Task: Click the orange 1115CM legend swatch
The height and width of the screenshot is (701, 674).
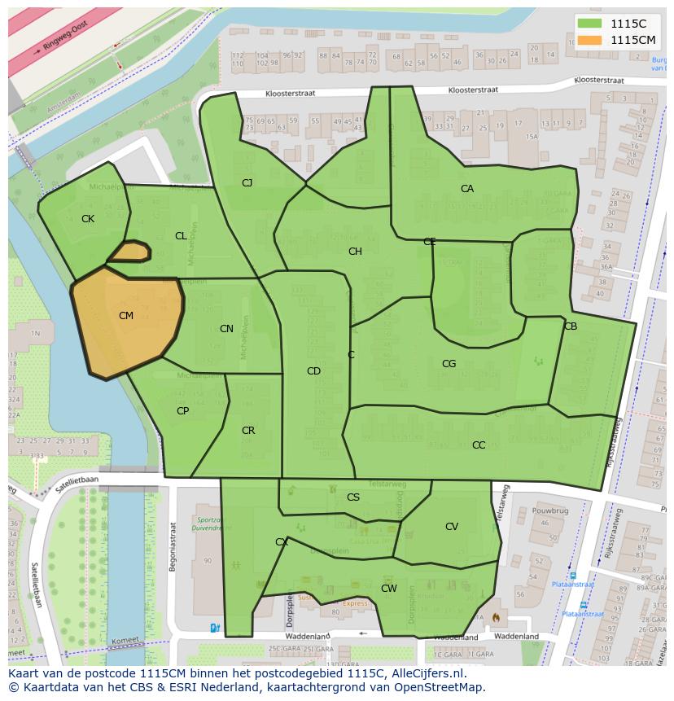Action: pyautogui.click(x=590, y=40)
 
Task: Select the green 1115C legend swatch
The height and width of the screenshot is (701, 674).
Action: pyautogui.click(x=590, y=24)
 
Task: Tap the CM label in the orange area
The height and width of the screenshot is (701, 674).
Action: pyautogui.click(x=126, y=316)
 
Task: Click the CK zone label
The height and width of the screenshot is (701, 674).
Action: pyautogui.click(x=88, y=219)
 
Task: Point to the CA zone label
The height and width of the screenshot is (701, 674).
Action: pyautogui.click(x=467, y=189)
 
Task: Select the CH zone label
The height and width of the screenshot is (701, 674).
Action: pyautogui.click(x=355, y=252)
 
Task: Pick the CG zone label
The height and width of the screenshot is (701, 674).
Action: pyautogui.click(x=449, y=364)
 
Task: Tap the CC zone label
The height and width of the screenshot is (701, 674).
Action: pyautogui.click(x=479, y=445)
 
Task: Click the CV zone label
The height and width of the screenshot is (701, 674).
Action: pyautogui.click(x=452, y=527)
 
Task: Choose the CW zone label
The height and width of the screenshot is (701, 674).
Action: pyautogui.click(x=389, y=588)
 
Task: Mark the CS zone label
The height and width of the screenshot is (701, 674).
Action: pyautogui.click(x=353, y=497)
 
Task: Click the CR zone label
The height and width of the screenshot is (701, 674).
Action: pyautogui.click(x=248, y=431)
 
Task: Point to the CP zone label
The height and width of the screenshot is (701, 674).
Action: pyautogui.click(x=182, y=411)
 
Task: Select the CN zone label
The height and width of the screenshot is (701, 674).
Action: pyautogui.click(x=226, y=329)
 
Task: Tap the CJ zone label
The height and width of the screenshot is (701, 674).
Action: pyautogui.click(x=247, y=183)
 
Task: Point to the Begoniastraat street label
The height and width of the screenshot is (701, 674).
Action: pyautogui.click(x=173, y=545)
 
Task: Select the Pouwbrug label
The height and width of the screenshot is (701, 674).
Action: pyautogui.click(x=549, y=510)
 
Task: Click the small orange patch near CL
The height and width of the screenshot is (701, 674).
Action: pyautogui.click(x=129, y=252)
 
